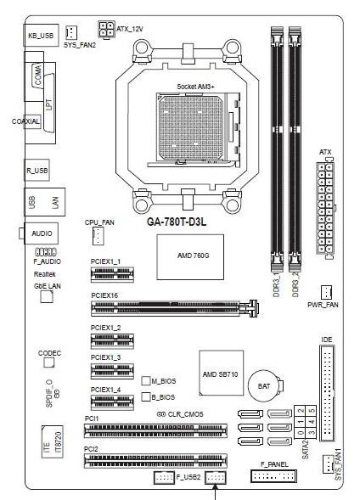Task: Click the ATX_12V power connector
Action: click(x=106, y=30)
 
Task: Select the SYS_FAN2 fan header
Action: click(x=71, y=32)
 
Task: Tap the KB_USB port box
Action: click(x=41, y=35)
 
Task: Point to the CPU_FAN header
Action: click(x=98, y=236)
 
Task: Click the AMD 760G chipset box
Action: click(x=190, y=257)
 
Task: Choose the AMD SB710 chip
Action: click(x=222, y=373)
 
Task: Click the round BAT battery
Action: click(x=264, y=386)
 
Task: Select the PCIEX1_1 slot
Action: click(x=112, y=274)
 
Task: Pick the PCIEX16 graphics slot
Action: click(x=175, y=308)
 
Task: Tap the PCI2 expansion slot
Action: click(x=155, y=461)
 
